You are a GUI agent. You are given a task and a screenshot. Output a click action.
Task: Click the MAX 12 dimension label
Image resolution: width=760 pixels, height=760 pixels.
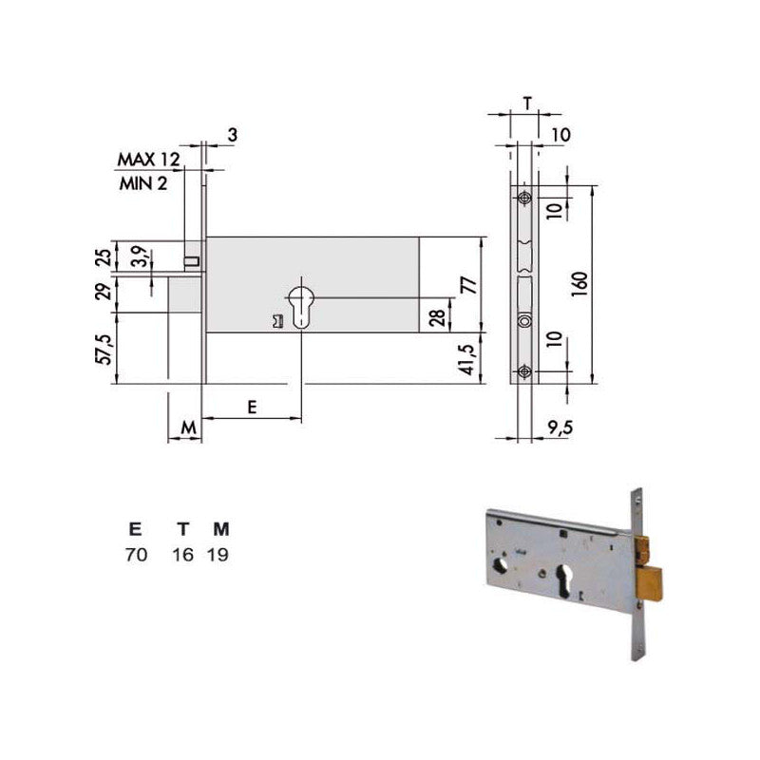click(149, 159)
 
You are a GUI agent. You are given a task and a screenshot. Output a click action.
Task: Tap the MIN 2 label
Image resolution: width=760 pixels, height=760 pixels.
click(143, 183)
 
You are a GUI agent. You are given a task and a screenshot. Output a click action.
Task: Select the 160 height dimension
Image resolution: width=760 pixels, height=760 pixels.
click(579, 284)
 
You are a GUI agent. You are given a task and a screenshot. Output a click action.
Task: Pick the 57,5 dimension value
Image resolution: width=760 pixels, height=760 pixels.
click(104, 350)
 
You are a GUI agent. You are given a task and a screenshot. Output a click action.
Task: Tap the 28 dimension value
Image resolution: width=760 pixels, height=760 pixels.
click(437, 317)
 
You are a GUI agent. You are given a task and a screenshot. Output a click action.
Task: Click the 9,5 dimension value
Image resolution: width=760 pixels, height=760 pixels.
click(560, 427)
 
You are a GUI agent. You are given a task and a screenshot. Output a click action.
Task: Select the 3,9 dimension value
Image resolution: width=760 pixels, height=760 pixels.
click(140, 256)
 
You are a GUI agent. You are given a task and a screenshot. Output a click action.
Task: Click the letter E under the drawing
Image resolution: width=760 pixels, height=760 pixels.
click(252, 408)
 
